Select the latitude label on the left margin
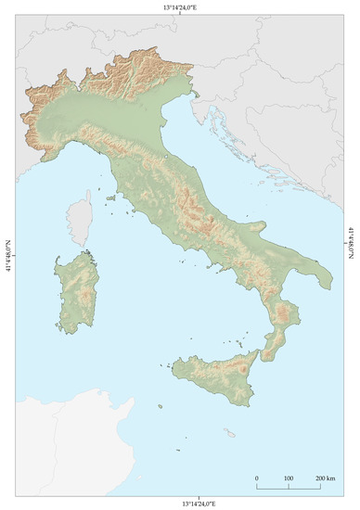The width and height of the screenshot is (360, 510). coord(8,254)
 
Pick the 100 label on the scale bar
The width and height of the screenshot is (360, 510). coord(288,479)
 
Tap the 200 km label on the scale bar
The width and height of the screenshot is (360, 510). coord(324,479)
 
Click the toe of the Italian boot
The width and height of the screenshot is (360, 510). coord(268,357)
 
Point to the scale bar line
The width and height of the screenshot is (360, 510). coord(288,487)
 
